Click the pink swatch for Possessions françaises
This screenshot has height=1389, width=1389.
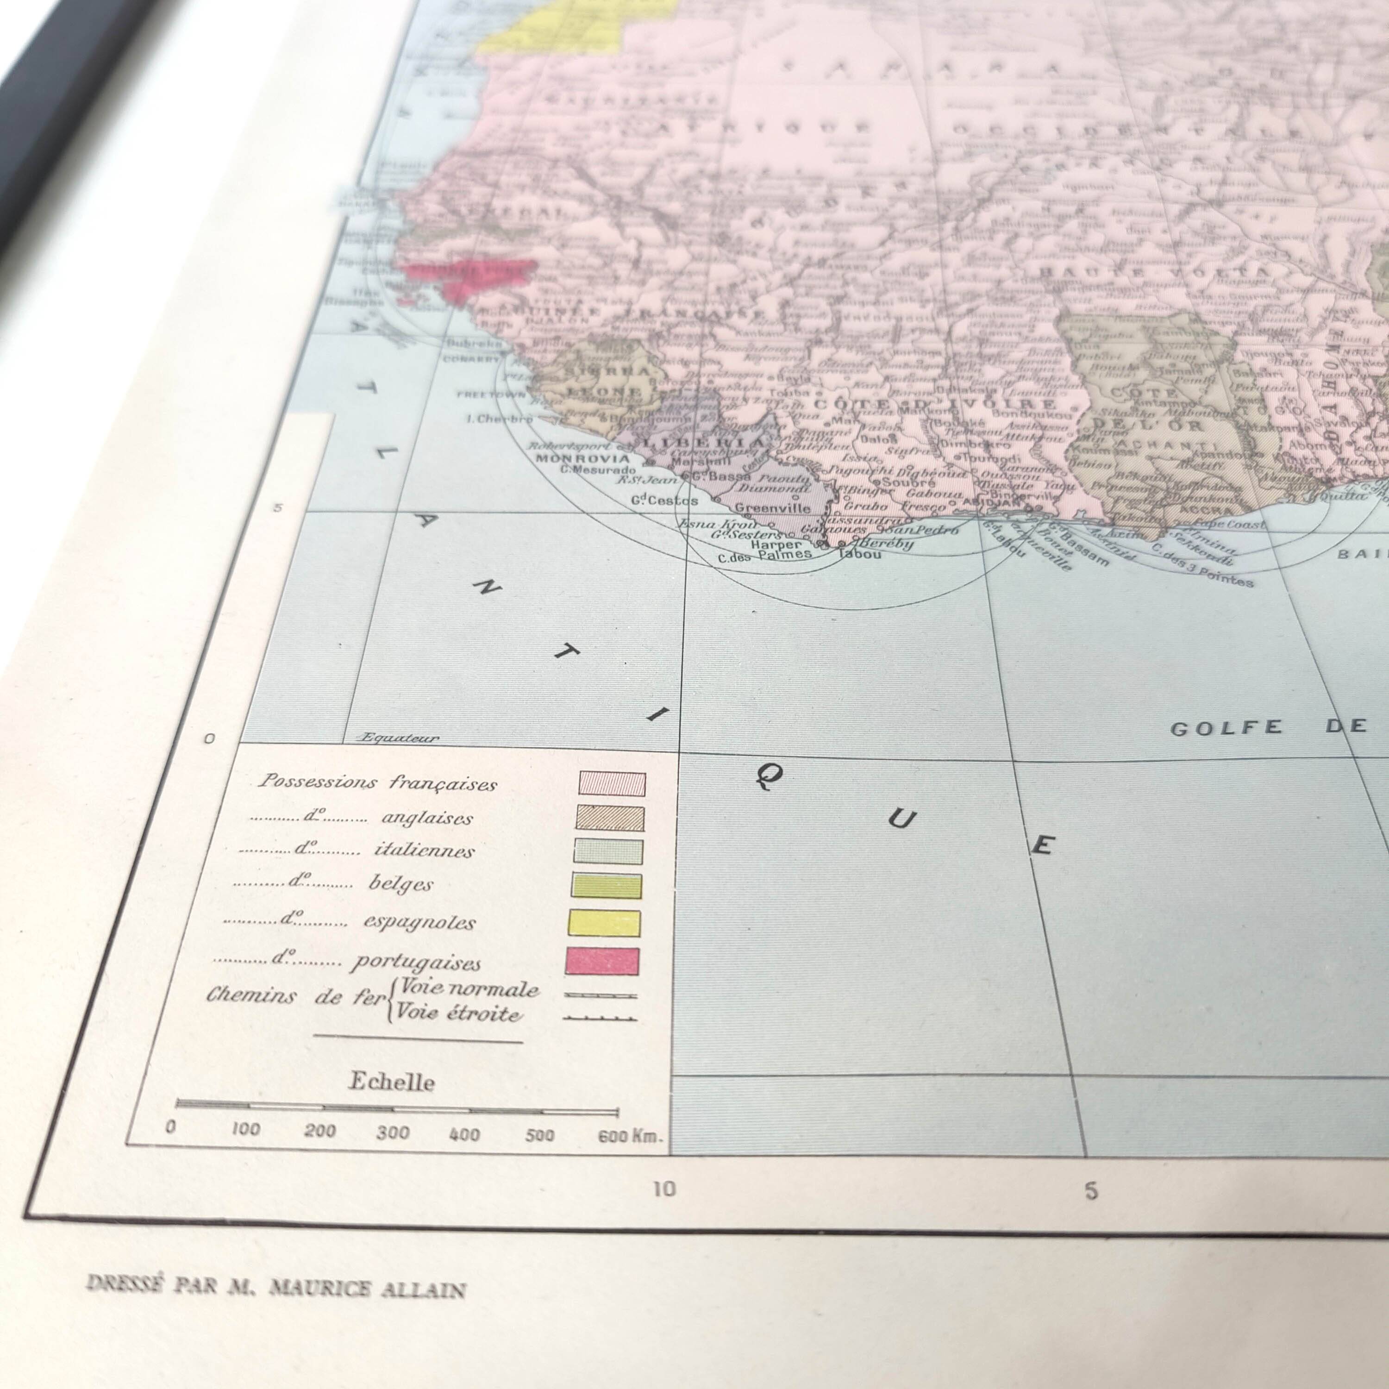(612, 784)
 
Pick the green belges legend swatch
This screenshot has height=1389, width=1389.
(607, 886)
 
